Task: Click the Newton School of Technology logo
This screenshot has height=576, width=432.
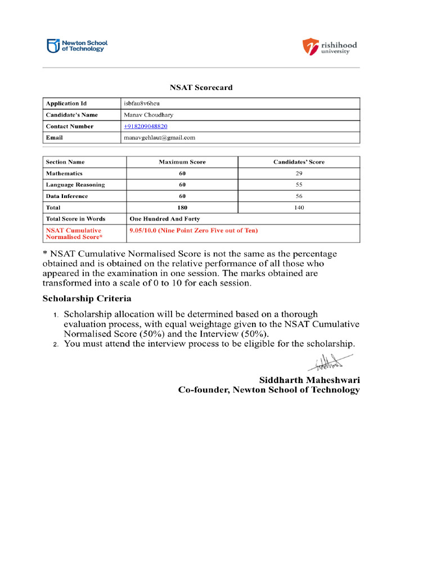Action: point(77,46)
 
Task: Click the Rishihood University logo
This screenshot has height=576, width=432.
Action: point(330,47)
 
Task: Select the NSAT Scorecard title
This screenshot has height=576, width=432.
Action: point(201,88)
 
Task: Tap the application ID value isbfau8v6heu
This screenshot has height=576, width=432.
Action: point(142,103)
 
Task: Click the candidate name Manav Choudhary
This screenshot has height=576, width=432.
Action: point(148,115)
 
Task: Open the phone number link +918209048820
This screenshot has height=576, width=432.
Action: point(146,126)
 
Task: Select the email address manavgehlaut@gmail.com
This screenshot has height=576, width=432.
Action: point(159,137)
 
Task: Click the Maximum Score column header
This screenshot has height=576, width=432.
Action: point(182,162)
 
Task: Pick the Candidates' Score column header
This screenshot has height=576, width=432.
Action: point(299,162)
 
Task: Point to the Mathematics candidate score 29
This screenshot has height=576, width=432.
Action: point(299,173)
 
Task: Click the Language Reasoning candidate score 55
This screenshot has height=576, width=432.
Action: point(299,184)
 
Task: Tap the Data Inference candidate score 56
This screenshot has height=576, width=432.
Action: point(299,196)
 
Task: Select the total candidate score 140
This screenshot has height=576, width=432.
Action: point(299,208)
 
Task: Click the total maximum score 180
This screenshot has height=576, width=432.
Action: point(182,208)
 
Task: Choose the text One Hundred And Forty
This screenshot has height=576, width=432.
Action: point(164,219)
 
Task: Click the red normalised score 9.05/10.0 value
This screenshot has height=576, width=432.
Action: point(193,231)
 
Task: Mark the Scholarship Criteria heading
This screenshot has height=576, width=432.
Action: point(87,298)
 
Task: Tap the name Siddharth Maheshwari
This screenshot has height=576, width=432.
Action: point(309,380)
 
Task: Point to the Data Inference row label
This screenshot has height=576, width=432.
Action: point(67,196)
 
